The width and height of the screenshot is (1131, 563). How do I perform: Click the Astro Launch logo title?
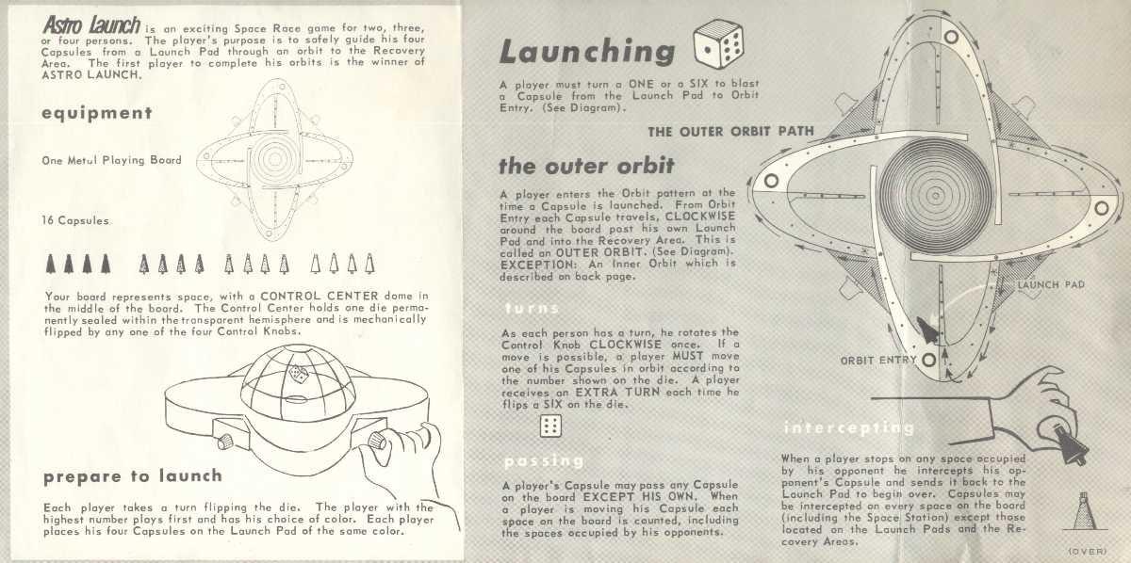click(90, 25)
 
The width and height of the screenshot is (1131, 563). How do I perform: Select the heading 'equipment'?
click(97, 113)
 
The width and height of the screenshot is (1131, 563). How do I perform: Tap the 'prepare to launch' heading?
click(132, 476)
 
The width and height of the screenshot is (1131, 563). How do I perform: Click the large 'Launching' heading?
click(587, 52)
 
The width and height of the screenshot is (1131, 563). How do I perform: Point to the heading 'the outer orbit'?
click(585, 167)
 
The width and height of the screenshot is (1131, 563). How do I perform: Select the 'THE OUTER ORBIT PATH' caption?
click(730, 131)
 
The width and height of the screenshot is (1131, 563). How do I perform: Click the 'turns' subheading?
click(532, 308)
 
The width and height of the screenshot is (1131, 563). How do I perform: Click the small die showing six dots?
click(549, 426)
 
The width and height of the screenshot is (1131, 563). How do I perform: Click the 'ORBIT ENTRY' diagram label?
click(878, 360)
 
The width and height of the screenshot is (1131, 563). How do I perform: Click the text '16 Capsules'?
click(76, 220)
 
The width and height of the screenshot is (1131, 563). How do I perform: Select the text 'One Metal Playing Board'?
click(111, 160)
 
